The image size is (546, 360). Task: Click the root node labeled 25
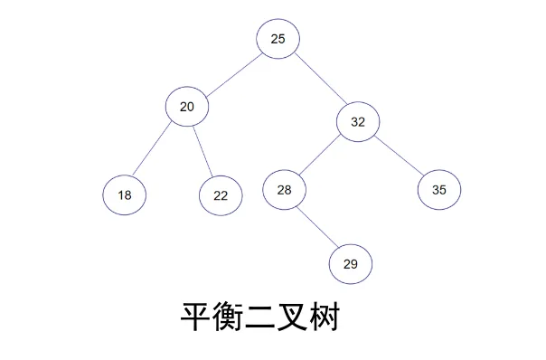[x=278, y=39]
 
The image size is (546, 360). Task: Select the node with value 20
[x=187, y=107]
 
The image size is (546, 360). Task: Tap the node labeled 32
[x=358, y=121]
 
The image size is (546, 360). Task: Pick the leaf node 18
[x=125, y=194]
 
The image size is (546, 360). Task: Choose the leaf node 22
[x=221, y=195]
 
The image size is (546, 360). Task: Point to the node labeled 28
[x=284, y=190]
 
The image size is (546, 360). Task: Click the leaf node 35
[x=439, y=190]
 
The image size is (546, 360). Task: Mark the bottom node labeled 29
[x=351, y=264]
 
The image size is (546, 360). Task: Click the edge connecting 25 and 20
[x=234, y=75]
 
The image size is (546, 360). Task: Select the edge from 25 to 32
[x=321, y=79]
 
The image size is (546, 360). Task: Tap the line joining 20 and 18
[x=152, y=148]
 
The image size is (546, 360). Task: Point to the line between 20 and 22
[x=202, y=152]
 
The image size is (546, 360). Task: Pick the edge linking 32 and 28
[x=319, y=155]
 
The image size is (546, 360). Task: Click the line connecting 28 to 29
[x=317, y=227]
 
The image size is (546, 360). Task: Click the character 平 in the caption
[x=196, y=317]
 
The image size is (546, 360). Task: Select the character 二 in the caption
[x=260, y=317]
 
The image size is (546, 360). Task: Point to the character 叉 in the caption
[x=293, y=317]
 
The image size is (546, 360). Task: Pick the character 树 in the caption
[x=325, y=317]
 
